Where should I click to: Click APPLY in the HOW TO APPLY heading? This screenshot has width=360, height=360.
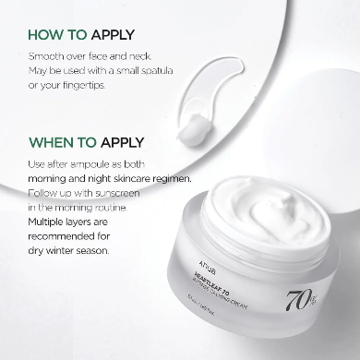click(x=110, y=35)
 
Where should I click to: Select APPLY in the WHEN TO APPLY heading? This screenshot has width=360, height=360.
click(x=119, y=143)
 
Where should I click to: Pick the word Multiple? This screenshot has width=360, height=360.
click(x=50, y=222)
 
